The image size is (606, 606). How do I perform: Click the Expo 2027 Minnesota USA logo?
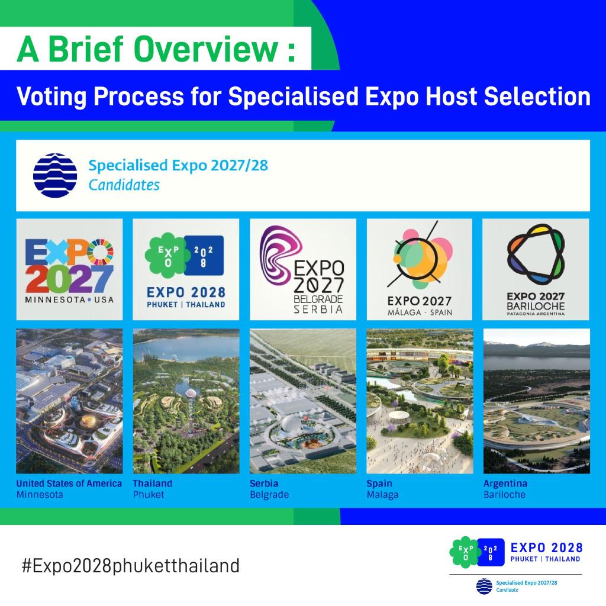[69, 269]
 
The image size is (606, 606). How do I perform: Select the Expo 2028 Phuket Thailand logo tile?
[186, 269]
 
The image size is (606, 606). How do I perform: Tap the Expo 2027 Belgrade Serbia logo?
[302, 269]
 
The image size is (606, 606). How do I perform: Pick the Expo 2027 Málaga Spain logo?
[419, 269]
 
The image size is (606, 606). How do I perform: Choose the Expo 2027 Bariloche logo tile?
[536, 269]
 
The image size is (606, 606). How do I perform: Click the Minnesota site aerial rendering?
[69, 401]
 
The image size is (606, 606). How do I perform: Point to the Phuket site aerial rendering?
[186, 401]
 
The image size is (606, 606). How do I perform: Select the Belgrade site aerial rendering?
[302, 401]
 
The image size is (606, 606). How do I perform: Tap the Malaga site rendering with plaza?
[419, 401]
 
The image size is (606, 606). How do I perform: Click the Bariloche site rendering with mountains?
[536, 401]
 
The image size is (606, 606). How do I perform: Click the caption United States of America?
[69, 483]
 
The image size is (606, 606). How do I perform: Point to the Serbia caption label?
[264, 483]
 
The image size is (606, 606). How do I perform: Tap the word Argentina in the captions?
[505, 483]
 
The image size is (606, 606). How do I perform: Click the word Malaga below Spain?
[382, 495]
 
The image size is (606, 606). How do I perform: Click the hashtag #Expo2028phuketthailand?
[130, 565]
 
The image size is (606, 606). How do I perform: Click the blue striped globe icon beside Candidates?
[55, 175]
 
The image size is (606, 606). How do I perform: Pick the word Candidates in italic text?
[124, 185]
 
